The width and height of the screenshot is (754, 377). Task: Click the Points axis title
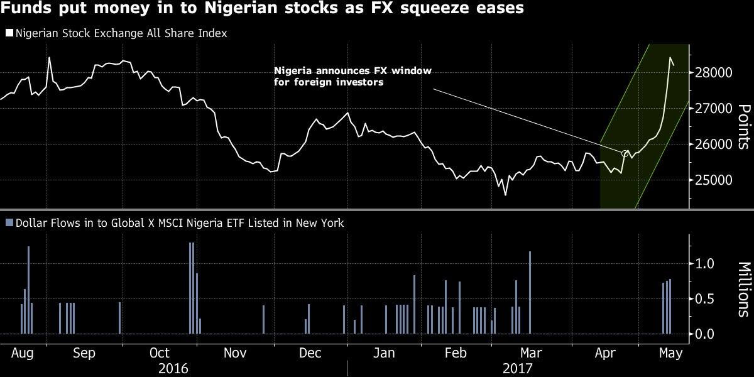(x=743, y=127)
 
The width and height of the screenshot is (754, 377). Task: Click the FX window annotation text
(x=352, y=76)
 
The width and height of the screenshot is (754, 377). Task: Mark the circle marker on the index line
(x=625, y=153)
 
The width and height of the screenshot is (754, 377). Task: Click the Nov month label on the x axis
(x=235, y=353)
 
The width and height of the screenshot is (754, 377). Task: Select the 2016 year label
(x=173, y=368)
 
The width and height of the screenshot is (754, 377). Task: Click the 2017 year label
(x=518, y=368)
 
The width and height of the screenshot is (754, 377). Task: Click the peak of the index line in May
(x=670, y=57)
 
